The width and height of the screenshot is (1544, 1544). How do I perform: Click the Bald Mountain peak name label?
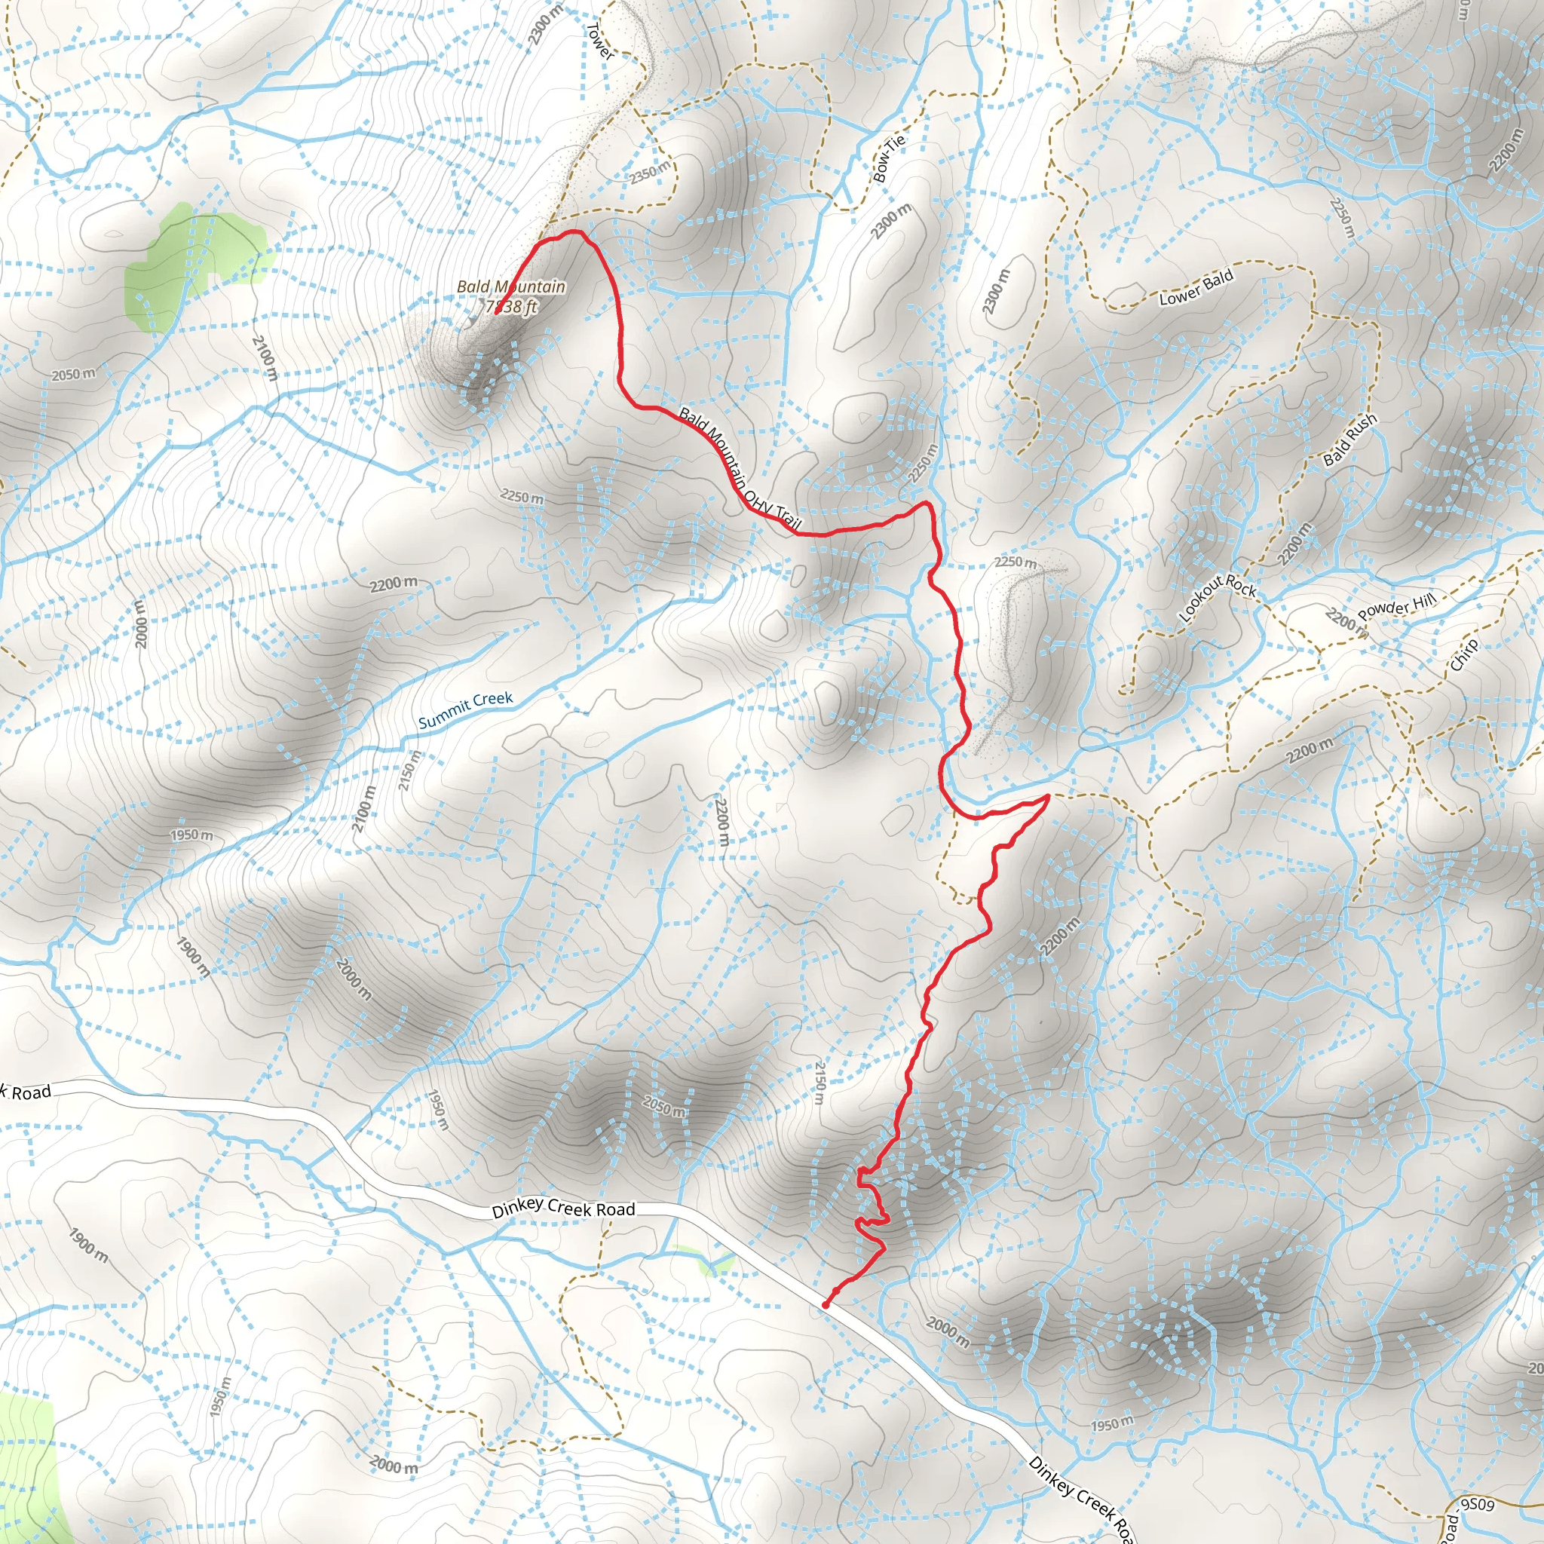510,286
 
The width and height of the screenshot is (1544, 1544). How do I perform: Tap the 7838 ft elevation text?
511,307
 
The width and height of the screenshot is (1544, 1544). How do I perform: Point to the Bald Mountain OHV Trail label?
740,469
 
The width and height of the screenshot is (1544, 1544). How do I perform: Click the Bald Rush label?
1349,440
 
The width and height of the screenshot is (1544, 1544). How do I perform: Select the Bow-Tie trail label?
889,158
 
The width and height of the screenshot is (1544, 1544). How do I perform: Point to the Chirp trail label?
1464,655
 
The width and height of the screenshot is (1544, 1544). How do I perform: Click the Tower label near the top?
599,41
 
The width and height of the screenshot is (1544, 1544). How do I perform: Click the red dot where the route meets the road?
825,1306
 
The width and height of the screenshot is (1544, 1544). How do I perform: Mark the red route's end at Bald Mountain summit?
496,312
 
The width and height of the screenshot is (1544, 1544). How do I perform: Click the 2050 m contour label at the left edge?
74,374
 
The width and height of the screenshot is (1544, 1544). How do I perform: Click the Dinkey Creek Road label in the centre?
562,1209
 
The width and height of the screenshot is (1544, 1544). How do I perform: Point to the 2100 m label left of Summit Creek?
363,809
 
